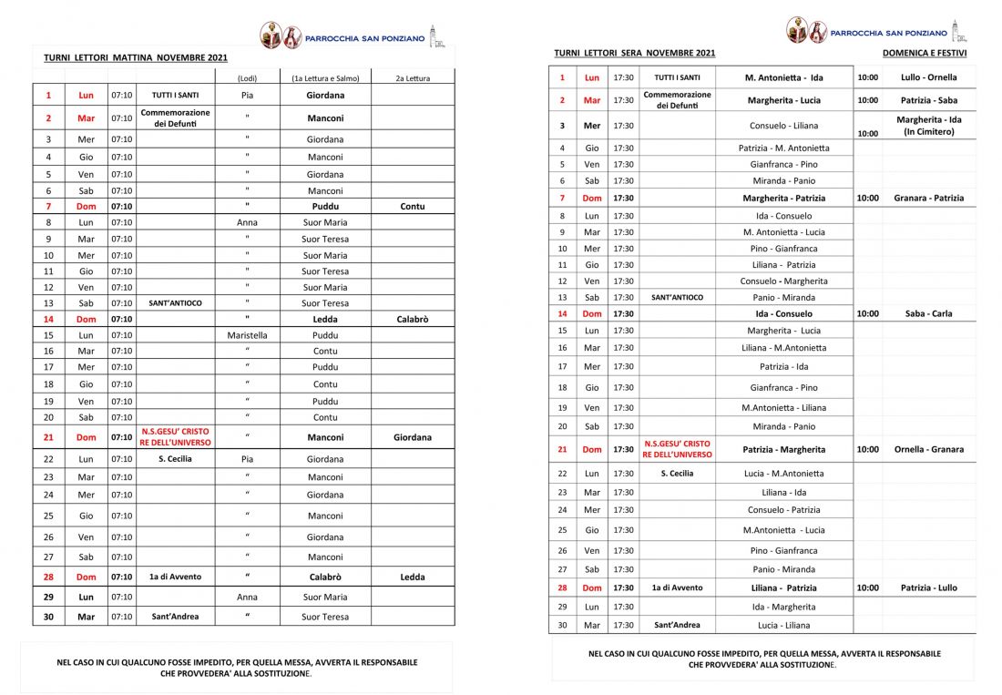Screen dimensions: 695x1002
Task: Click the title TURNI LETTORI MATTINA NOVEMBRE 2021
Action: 136,57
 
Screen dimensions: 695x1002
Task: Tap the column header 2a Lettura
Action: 412,78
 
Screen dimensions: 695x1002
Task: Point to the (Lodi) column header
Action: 247,78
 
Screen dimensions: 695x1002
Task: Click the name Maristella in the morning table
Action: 247,334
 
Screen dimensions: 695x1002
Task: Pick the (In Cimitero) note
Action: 928,131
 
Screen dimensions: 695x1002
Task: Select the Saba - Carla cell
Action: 928,313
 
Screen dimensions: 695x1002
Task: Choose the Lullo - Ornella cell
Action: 928,77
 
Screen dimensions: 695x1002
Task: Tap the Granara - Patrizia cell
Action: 928,198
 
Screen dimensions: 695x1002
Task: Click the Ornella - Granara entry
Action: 928,449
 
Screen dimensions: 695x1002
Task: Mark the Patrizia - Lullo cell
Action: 928,588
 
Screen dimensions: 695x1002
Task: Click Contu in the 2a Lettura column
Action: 412,206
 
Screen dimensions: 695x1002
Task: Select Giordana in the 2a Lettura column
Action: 412,437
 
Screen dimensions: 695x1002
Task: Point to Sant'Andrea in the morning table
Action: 176,617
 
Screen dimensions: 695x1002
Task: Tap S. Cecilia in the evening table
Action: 677,473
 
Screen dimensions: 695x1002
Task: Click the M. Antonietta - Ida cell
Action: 783,77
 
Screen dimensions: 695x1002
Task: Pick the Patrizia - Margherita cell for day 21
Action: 783,449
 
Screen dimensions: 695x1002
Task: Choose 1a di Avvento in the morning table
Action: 176,577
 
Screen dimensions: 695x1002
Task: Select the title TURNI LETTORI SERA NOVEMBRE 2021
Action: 634,53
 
